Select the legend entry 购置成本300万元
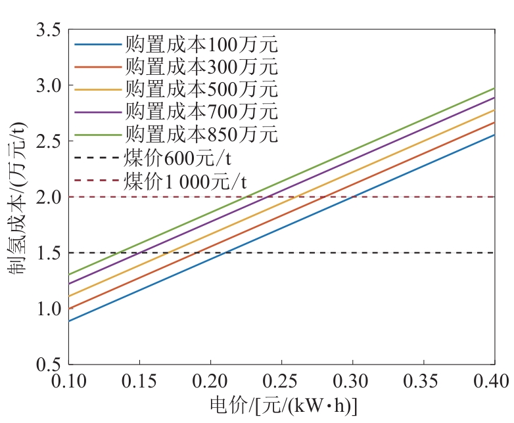pyautogui.click(x=201, y=66)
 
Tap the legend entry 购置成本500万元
pyautogui.click(x=201, y=89)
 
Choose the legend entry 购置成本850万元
pyautogui.click(x=201, y=133)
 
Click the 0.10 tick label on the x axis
pyautogui.click(x=68, y=380)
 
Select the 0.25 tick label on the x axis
pyautogui.click(x=281, y=380)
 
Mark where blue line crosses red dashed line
pyautogui.click(x=354, y=197)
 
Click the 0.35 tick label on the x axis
pyautogui.click(x=423, y=380)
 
